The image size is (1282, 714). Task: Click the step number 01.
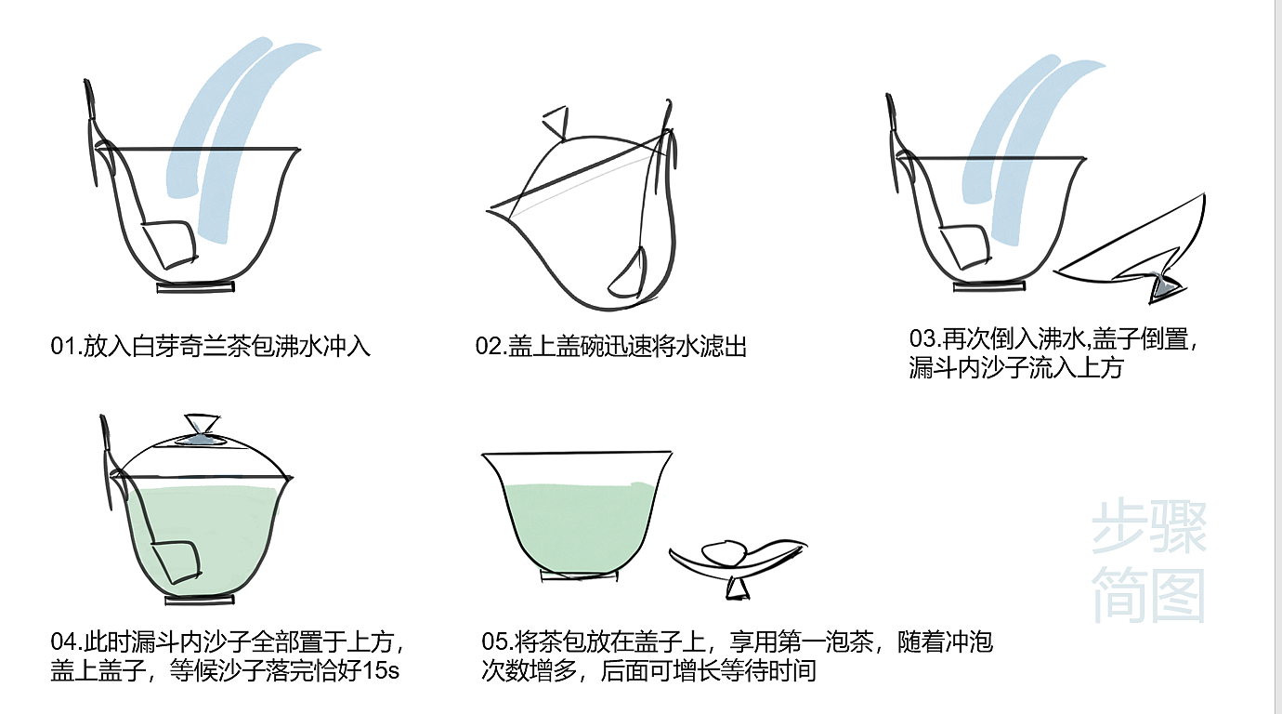click(x=63, y=347)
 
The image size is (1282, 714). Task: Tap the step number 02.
click(x=489, y=347)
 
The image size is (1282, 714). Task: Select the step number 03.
click(x=922, y=338)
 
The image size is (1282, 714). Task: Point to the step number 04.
click(x=63, y=641)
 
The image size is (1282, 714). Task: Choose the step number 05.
click(x=494, y=641)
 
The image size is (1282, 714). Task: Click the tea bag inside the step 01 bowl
click(x=170, y=244)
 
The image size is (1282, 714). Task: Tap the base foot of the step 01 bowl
click(x=196, y=287)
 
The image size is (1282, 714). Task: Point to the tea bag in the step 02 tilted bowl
click(x=628, y=272)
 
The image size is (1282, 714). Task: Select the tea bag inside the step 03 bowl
click(x=965, y=246)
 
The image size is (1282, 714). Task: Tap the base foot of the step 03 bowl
click(x=988, y=286)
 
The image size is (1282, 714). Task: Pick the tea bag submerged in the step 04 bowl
click(x=177, y=562)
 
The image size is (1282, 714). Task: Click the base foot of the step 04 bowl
click(x=200, y=600)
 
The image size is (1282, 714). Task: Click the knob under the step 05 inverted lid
click(x=738, y=588)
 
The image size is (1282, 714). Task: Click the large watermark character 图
click(x=1178, y=596)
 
